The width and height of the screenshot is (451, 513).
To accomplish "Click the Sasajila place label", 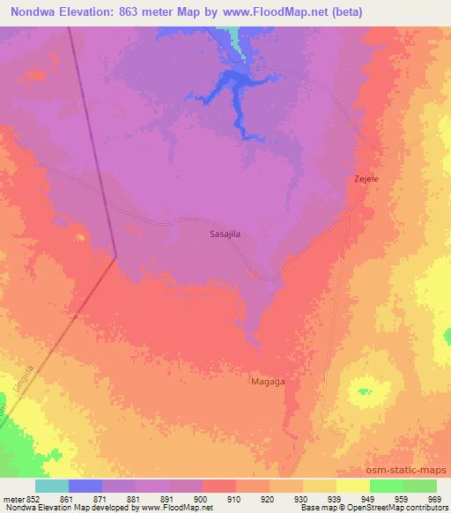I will pyautogui.click(x=225, y=234).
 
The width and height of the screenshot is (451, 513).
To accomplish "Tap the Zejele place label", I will pyautogui.click(x=366, y=179).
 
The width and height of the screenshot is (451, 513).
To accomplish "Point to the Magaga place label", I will pyautogui.click(x=269, y=382).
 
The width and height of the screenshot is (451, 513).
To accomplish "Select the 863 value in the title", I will pyautogui.click(x=137, y=12).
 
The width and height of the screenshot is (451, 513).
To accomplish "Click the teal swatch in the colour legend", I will pyautogui.click(x=52, y=486).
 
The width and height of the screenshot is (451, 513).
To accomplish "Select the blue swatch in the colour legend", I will pyautogui.click(x=85, y=486).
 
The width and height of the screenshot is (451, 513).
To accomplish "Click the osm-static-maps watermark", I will pyautogui.click(x=411, y=470).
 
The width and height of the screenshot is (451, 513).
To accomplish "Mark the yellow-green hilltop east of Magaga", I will pyautogui.click(x=364, y=391).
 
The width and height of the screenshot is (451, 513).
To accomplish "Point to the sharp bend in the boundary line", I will pyautogui.click(x=116, y=257).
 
